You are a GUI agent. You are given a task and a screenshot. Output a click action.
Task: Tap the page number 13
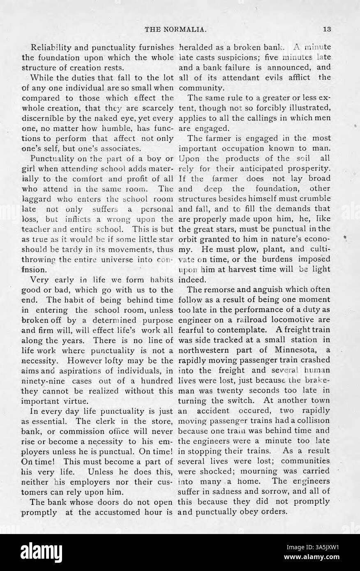point(327,29)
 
